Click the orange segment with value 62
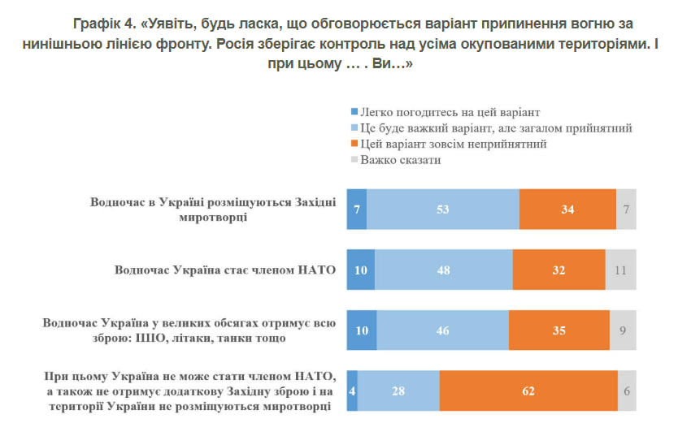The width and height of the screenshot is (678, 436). (x=528, y=391)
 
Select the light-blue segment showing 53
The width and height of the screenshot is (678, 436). (x=443, y=209)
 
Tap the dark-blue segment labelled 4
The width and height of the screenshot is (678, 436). (x=352, y=391)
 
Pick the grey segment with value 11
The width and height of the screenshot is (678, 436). (x=620, y=270)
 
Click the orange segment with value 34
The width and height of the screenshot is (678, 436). (x=567, y=209)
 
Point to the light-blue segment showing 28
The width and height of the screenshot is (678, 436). (x=398, y=391)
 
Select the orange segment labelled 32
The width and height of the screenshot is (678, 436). (x=558, y=270)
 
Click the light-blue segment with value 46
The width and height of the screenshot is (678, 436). (x=442, y=330)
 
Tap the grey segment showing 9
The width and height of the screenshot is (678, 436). (x=623, y=330)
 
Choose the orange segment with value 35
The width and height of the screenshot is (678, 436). (x=558, y=330)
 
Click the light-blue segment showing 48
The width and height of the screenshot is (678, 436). (x=443, y=270)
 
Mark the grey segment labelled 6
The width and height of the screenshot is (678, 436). (x=627, y=391)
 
